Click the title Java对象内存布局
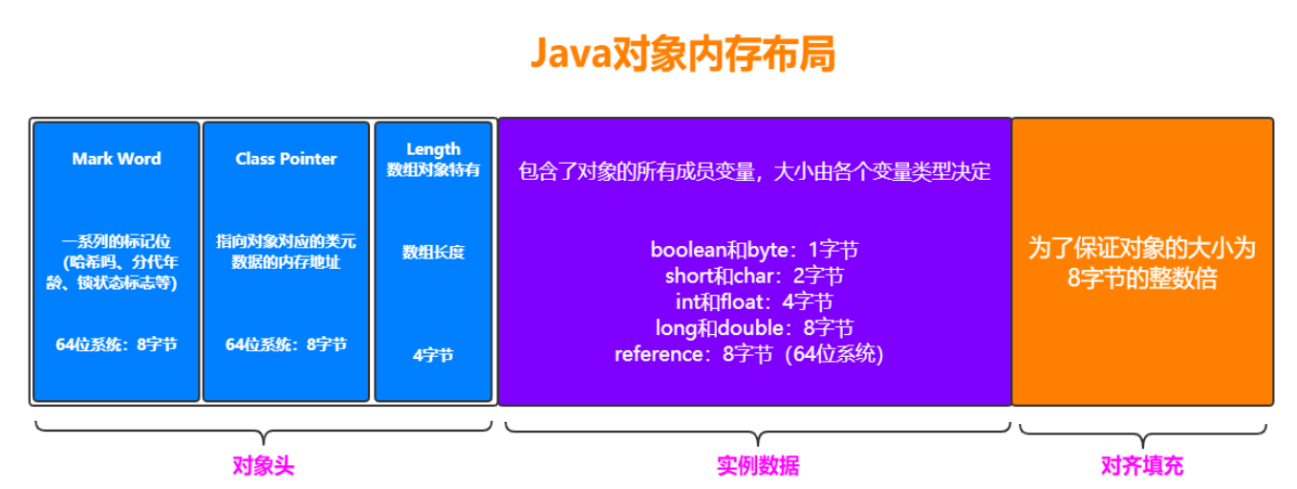click(682, 55)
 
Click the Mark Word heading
click(117, 159)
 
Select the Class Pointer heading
click(286, 159)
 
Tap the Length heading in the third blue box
click(433, 148)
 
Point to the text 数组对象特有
click(433, 169)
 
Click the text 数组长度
click(433, 253)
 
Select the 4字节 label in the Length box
click(433, 355)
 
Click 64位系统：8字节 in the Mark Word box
click(117, 345)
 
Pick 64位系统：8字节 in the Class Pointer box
click(286, 345)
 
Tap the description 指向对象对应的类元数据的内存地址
click(286, 252)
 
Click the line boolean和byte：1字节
click(754, 251)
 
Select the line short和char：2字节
click(754, 277)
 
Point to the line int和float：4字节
click(754, 302)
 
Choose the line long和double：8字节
click(754, 328)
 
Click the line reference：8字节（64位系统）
click(749, 354)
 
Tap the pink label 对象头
click(263, 466)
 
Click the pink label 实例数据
click(758, 466)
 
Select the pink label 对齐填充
click(1142, 466)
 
